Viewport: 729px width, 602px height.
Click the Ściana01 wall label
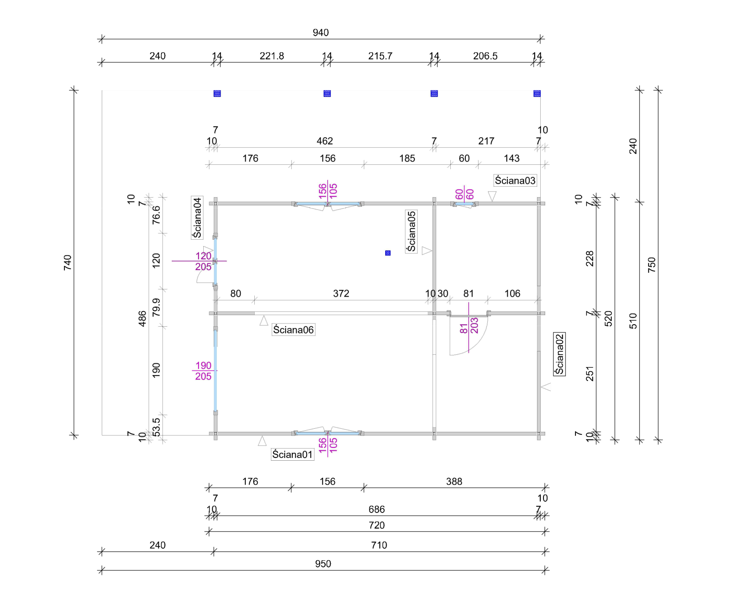pos(292,455)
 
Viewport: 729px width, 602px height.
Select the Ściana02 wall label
pos(559,354)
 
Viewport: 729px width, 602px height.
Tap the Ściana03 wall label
pos(515,181)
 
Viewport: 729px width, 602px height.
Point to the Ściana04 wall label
pos(197,218)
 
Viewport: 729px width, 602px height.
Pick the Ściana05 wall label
pos(411,232)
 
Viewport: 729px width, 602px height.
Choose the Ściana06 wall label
pos(293,330)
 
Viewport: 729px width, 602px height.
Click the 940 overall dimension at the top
pos(320,33)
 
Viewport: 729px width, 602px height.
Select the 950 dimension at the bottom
pos(323,564)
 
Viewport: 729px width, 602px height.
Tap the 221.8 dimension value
pos(272,56)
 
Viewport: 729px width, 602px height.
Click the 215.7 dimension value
pos(380,56)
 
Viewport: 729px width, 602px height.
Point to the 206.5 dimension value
pos(485,56)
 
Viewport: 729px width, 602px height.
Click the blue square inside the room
pos(388,253)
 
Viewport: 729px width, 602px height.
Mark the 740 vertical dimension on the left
pos(68,263)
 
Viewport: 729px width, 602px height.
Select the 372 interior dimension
pos(341,294)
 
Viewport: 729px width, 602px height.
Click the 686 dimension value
pos(377,509)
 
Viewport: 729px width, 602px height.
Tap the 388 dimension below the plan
pos(454,481)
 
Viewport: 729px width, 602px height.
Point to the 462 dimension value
pos(325,141)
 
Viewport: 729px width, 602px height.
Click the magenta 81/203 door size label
pos(469,326)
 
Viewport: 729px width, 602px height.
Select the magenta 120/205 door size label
pos(203,262)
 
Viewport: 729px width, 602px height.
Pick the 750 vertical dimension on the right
pos(651,265)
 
